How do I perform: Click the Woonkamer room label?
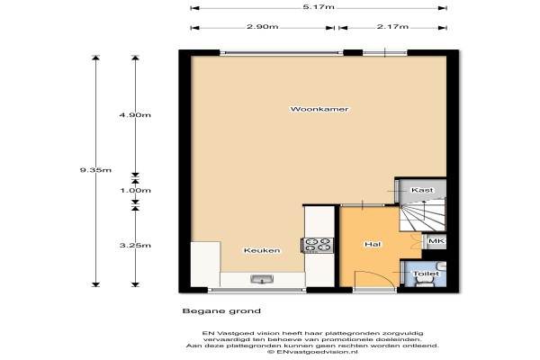point(319,109)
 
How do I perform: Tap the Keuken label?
point(262,250)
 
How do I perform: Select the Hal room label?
point(373,244)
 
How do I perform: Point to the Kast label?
point(422,190)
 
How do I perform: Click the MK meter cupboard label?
point(436,241)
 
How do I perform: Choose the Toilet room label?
point(426,274)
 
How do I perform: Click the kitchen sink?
point(262,279)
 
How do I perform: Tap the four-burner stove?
point(317,246)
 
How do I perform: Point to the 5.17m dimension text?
point(319,7)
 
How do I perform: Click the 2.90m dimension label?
point(263,26)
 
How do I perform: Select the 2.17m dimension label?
point(392,26)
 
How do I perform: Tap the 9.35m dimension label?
point(95,170)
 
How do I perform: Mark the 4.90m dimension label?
point(135,115)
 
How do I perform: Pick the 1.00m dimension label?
point(135,191)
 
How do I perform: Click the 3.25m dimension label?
point(135,246)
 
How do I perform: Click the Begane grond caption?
point(221,311)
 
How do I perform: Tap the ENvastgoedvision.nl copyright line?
point(312,352)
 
